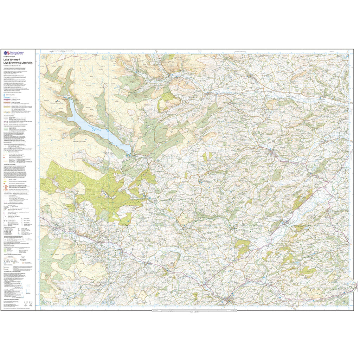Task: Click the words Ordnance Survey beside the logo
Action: [x=17, y=52]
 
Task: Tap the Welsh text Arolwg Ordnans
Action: [x=17, y=54]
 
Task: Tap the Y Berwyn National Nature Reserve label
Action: [x=60, y=103]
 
